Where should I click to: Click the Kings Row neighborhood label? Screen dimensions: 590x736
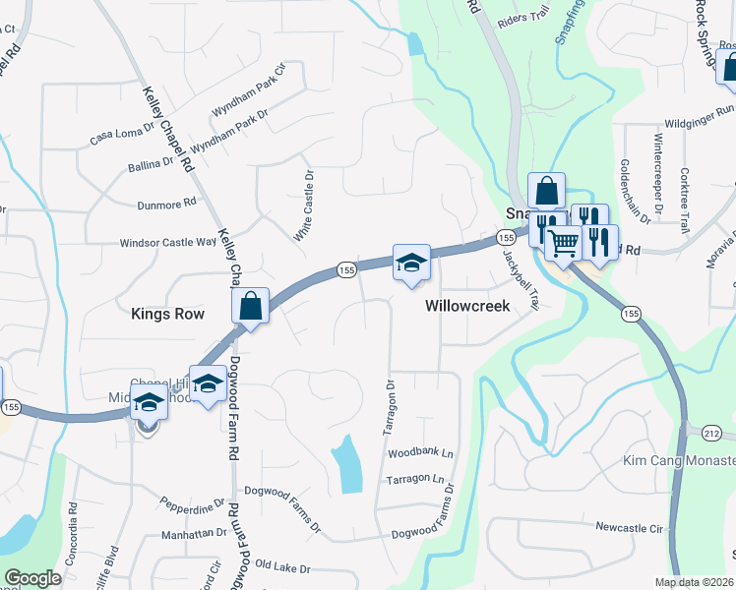(167, 314)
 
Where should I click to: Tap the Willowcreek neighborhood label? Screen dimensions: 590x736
(467, 306)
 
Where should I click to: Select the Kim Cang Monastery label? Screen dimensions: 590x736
(679, 460)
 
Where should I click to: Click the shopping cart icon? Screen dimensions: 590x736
(562, 242)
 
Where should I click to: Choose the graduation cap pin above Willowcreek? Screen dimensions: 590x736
(411, 263)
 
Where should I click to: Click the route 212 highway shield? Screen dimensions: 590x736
(711, 432)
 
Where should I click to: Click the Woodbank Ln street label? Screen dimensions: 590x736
(420, 453)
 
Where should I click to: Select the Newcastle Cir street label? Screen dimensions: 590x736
(629, 528)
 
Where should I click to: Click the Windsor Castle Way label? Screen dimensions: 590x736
(167, 242)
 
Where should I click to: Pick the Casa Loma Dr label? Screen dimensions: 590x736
(123, 133)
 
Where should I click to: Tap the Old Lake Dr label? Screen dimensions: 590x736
(282, 568)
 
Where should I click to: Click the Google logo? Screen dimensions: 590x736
(32, 578)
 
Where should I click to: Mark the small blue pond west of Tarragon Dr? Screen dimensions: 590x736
(346, 463)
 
